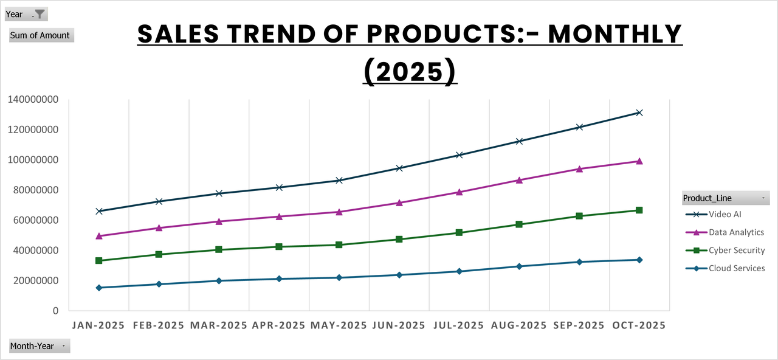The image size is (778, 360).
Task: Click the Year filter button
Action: click(26, 14)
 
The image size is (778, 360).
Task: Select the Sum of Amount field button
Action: click(41, 35)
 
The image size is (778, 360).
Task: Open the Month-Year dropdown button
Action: click(40, 346)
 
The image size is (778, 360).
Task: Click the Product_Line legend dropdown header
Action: click(725, 198)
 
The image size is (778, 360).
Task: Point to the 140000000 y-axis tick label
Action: click(33, 100)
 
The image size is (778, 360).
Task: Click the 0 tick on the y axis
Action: click(55, 311)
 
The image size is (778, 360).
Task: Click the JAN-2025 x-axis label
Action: click(98, 325)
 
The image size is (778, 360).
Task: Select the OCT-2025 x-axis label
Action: click(638, 325)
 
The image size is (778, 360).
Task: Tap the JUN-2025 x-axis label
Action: click(399, 325)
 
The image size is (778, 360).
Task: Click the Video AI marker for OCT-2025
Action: click(639, 112)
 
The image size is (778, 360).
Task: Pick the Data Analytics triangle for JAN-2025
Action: click(99, 236)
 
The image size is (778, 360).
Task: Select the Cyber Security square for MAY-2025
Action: click(339, 244)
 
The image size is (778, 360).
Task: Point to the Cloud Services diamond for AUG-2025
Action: click(519, 266)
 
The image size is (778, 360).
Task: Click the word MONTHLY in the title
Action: click(615, 35)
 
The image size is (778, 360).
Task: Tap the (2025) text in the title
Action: click(410, 71)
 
